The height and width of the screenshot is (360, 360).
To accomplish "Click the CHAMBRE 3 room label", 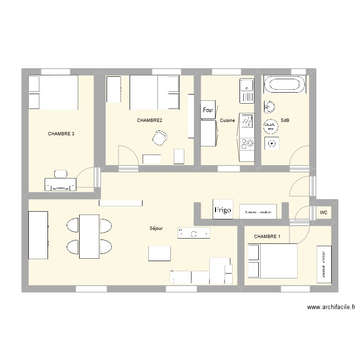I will point(61,134).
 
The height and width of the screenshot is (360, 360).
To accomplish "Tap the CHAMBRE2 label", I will point(149,120).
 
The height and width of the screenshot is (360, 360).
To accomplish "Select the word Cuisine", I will point(227,120).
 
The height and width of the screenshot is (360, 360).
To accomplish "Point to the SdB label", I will point(285,120).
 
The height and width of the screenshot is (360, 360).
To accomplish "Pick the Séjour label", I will point(156,228).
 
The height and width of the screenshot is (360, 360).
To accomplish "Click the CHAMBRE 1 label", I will point(267,237).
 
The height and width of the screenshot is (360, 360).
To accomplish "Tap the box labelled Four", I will point(208,110).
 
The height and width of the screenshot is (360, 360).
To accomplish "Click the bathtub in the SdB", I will point(284,85).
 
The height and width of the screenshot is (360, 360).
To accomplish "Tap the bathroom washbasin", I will point(269,106).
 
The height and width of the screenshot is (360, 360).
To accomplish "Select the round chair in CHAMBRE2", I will point(159,138).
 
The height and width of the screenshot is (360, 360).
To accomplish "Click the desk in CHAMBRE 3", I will point(60,184).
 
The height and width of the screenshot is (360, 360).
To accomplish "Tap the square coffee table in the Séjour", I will point(159,253).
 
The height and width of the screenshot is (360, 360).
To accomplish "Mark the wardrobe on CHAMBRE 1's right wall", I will point(324,264).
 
